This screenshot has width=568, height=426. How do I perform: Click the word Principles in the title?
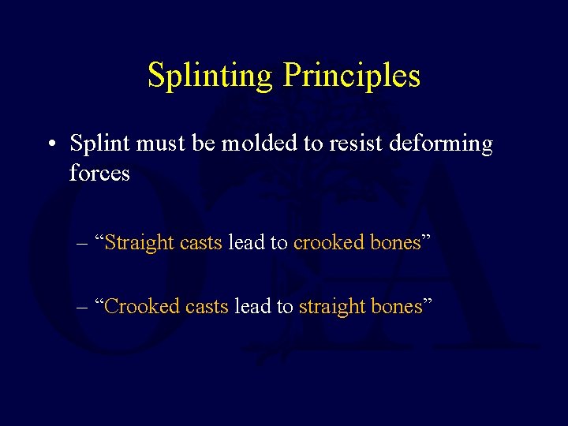click(351, 77)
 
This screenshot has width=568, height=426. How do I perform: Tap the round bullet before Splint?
click(50, 145)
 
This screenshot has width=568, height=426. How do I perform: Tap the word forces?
click(99, 173)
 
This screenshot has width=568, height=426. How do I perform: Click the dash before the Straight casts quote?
click(83, 244)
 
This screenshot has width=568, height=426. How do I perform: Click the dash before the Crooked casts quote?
click(83, 307)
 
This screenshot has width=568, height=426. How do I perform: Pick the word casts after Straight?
click(201, 244)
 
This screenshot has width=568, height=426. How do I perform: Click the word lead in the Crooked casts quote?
click(250, 307)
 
